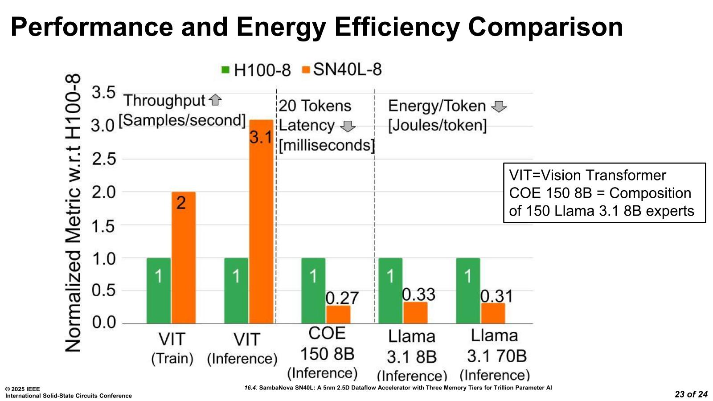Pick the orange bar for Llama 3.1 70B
coord(493,313)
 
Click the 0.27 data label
coord(342,298)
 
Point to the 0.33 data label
coord(418,295)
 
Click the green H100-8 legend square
coord(225,70)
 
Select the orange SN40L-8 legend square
coord(306,70)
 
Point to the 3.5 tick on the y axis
coord(103,93)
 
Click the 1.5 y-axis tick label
coord(103,226)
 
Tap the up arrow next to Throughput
coord(215,100)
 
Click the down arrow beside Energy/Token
coord(499,106)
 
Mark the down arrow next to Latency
coord(348,126)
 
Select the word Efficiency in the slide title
coord(397,27)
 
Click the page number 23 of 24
coord(691,394)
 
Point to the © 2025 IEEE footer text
coord(23,389)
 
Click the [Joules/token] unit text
coord(437,125)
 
